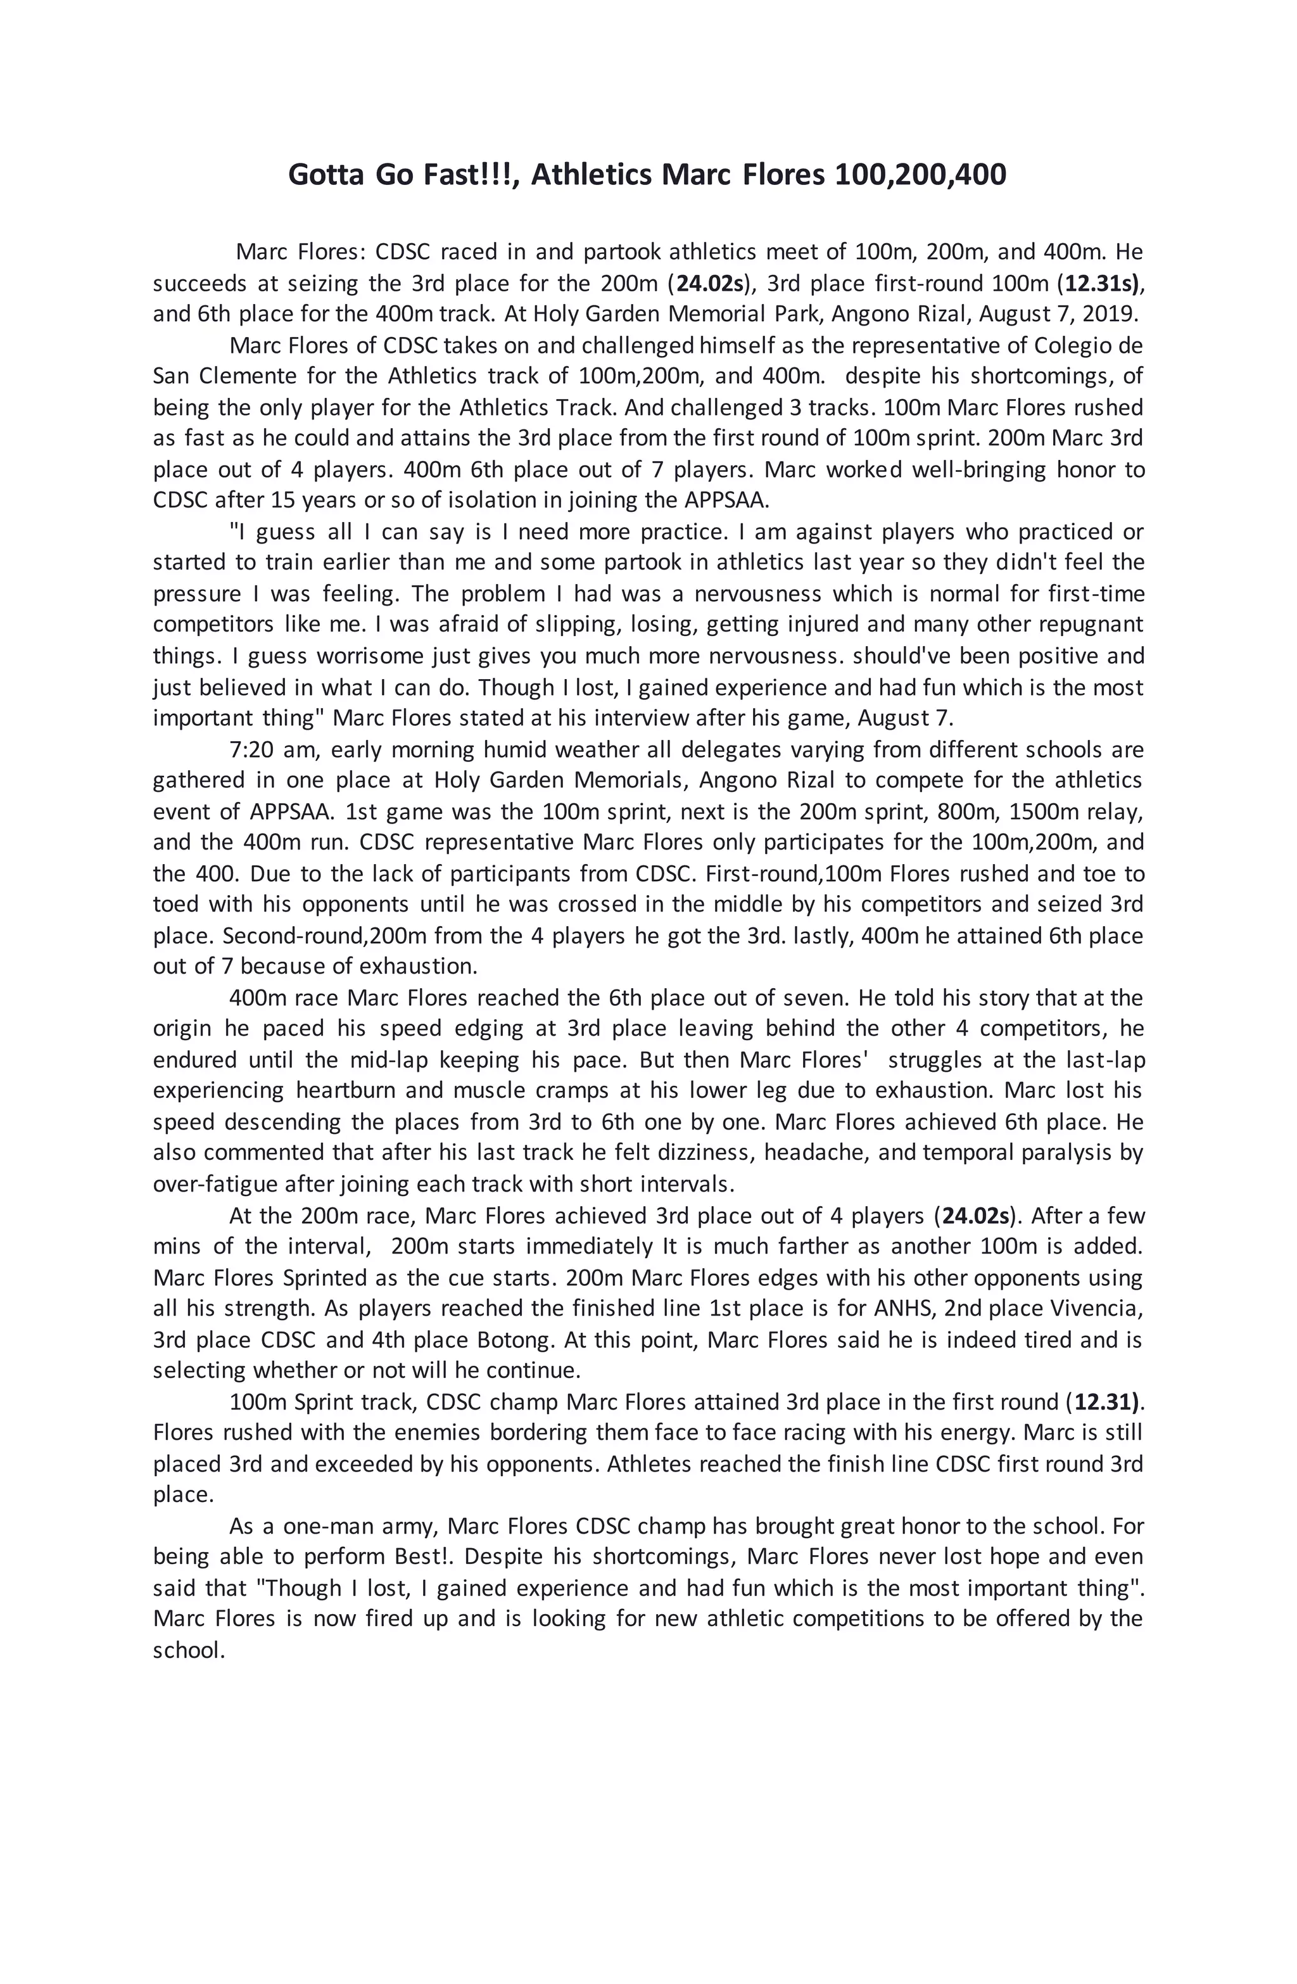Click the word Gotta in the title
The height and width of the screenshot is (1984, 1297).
tap(325, 175)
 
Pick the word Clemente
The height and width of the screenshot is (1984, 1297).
tap(245, 376)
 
